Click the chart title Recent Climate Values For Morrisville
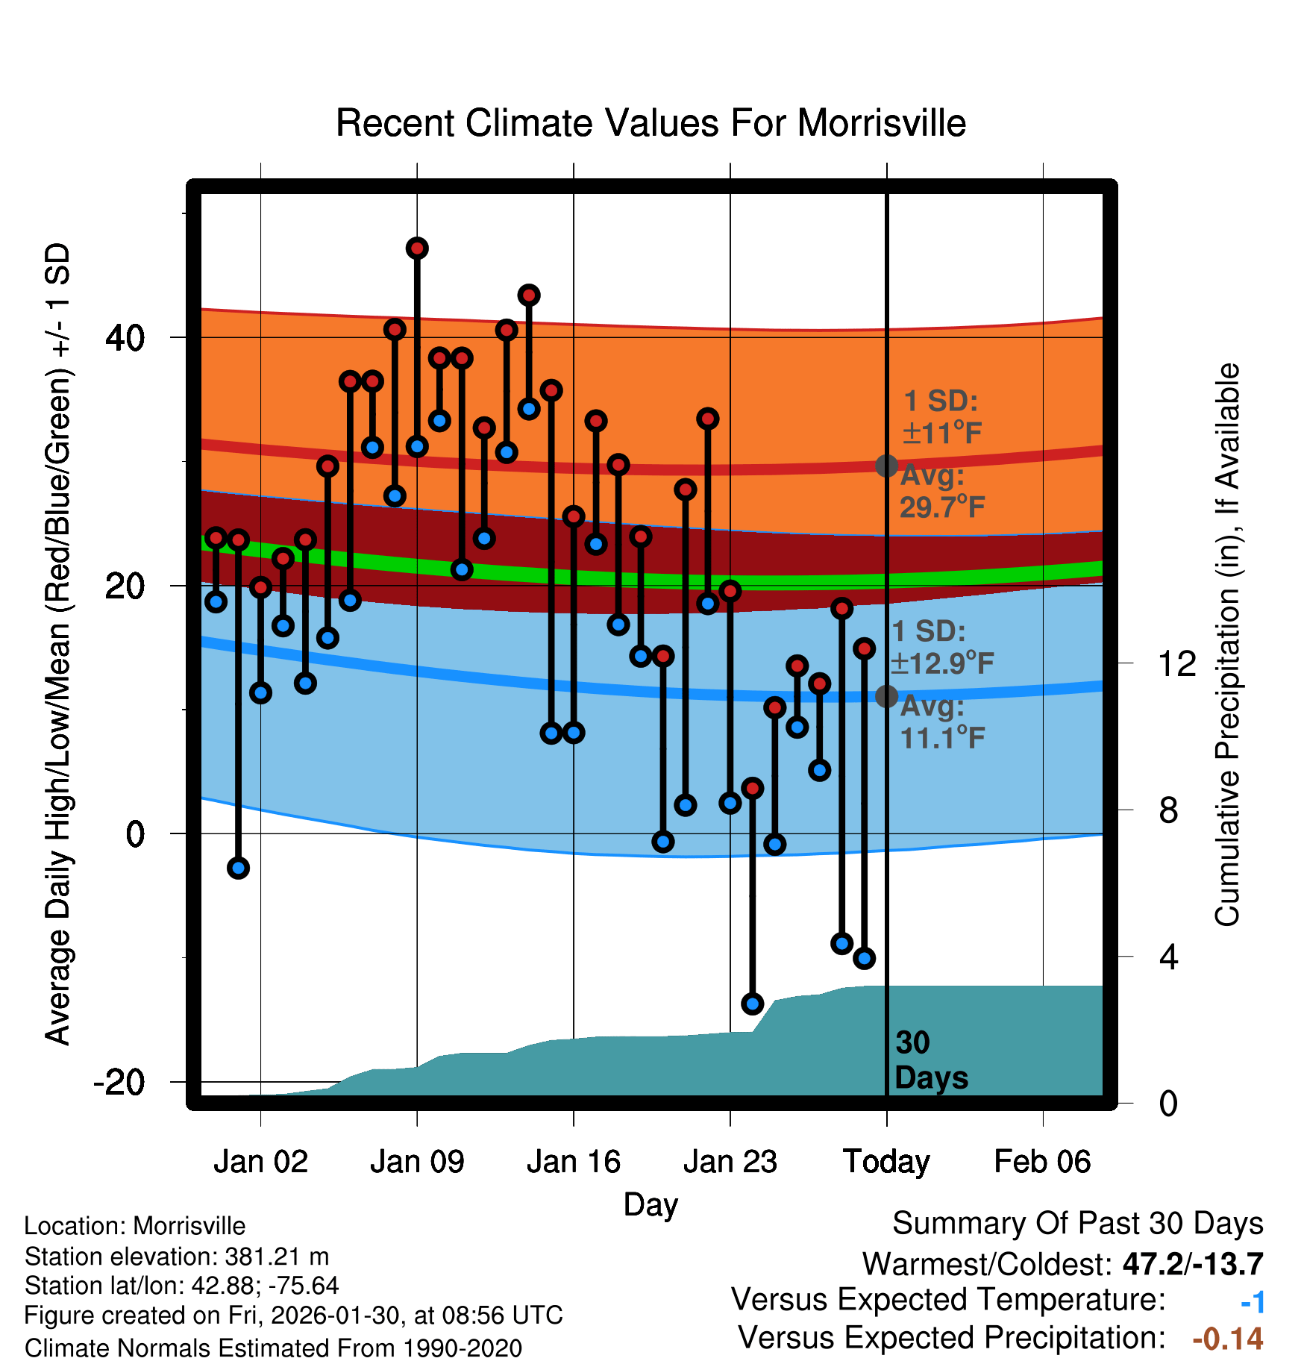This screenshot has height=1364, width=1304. (x=651, y=123)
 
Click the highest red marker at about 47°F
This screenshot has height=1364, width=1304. (x=417, y=248)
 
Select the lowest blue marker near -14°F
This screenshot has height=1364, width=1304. (x=752, y=1004)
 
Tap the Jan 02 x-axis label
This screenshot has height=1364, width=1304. (x=260, y=1162)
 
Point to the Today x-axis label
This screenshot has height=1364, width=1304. (x=886, y=1162)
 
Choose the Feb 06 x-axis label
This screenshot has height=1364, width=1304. (x=1042, y=1162)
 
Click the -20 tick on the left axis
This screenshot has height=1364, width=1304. (x=119, y=1082)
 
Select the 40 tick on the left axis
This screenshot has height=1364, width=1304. (x=125, y=338)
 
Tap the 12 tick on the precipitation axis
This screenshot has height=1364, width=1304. (x=1177, y=663)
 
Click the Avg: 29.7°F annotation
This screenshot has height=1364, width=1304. (x=941, y=492)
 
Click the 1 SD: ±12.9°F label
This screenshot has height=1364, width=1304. (x=941, y=647)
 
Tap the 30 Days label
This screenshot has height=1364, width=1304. (x=930, y=1060)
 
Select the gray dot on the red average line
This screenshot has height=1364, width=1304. (x=886, y=466)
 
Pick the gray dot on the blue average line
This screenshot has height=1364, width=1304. (x=886, y=696)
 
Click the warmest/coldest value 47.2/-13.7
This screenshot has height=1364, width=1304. (x=1192, y=1264)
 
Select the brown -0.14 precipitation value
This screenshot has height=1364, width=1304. (x=1227, y=1339)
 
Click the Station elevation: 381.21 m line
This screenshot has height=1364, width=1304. (x=177, y=1257)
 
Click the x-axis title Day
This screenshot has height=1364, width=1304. (x=651, y=1204)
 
